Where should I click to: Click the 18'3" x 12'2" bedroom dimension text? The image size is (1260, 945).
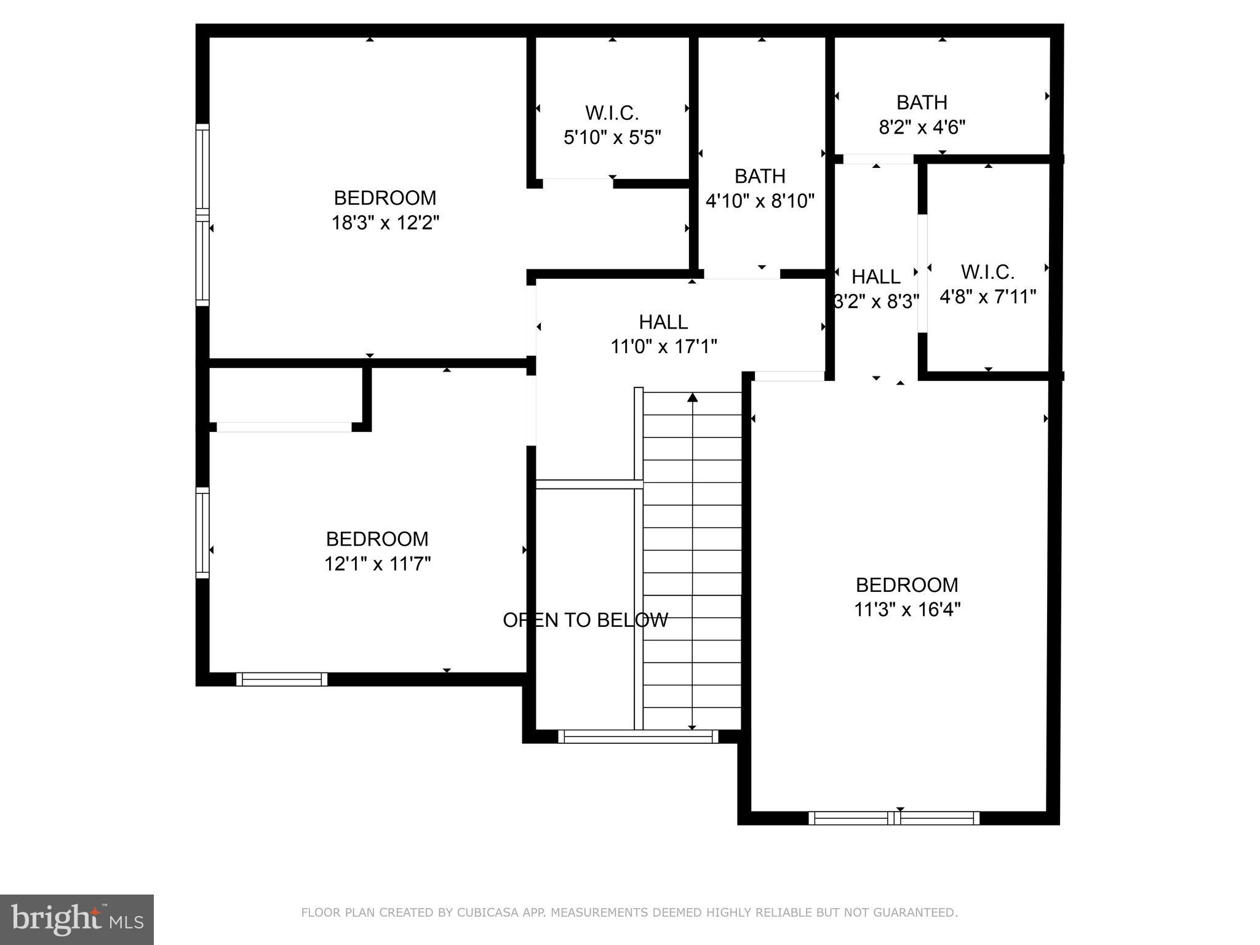pos(385,223)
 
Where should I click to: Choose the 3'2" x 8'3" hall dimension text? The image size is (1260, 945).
pos(876,301)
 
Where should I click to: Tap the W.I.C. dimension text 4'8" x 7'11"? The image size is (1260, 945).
pos(987,297)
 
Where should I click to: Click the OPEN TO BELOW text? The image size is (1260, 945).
pos(585,620)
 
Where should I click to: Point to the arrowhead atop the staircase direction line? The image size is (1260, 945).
pos(692,397)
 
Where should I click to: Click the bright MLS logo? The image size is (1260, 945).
pos(77,919)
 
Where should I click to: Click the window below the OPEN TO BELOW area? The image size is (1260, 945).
pos(638,736)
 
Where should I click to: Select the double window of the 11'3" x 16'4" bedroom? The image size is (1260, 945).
pos(893,818)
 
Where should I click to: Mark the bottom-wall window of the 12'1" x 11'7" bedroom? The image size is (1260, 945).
pos(282,679)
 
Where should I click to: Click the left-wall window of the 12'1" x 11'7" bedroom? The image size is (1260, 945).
pos(202,533)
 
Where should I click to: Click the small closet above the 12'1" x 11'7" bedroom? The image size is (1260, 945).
pos(285,394)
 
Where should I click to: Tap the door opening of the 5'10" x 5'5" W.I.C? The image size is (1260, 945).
pos(577,183)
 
